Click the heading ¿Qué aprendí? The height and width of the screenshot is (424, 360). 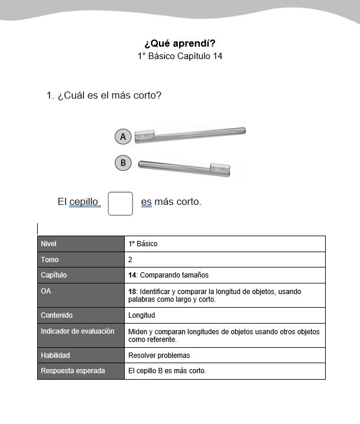pos(180,43)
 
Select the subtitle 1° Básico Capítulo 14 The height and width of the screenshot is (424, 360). pos(180,56)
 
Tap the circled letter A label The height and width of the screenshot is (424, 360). pos(123,137)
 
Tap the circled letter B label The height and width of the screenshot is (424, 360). pos(123,163)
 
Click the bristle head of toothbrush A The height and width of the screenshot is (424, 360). pos(145,136)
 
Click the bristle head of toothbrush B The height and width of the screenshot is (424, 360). pos(220,169)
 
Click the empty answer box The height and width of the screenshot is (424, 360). pos(121,203)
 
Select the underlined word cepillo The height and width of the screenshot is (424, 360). pos(84,202)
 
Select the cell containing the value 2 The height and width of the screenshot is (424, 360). pos(225,260)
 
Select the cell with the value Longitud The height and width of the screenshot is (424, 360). pos(142,315)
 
